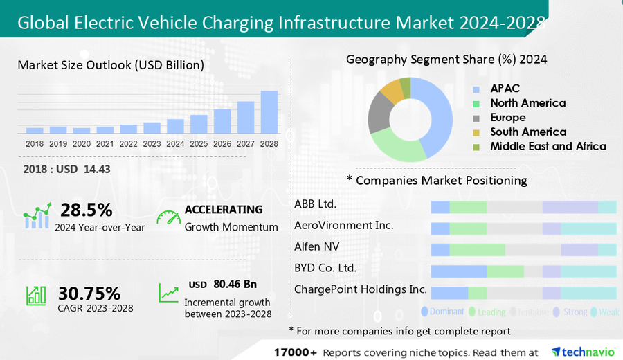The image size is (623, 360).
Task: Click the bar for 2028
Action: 269,112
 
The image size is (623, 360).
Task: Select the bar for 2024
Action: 176,126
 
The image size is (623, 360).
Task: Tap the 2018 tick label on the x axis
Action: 35,144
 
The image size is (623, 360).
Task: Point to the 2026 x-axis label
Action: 222,144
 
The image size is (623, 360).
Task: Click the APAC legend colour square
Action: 477,89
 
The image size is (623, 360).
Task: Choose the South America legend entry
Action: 528,132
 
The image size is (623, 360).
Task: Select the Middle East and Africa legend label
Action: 548,146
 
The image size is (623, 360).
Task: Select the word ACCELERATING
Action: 224,209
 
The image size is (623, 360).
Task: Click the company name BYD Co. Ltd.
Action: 325,268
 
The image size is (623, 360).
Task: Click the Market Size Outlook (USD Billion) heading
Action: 111,65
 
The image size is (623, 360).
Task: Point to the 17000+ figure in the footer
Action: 296,351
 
